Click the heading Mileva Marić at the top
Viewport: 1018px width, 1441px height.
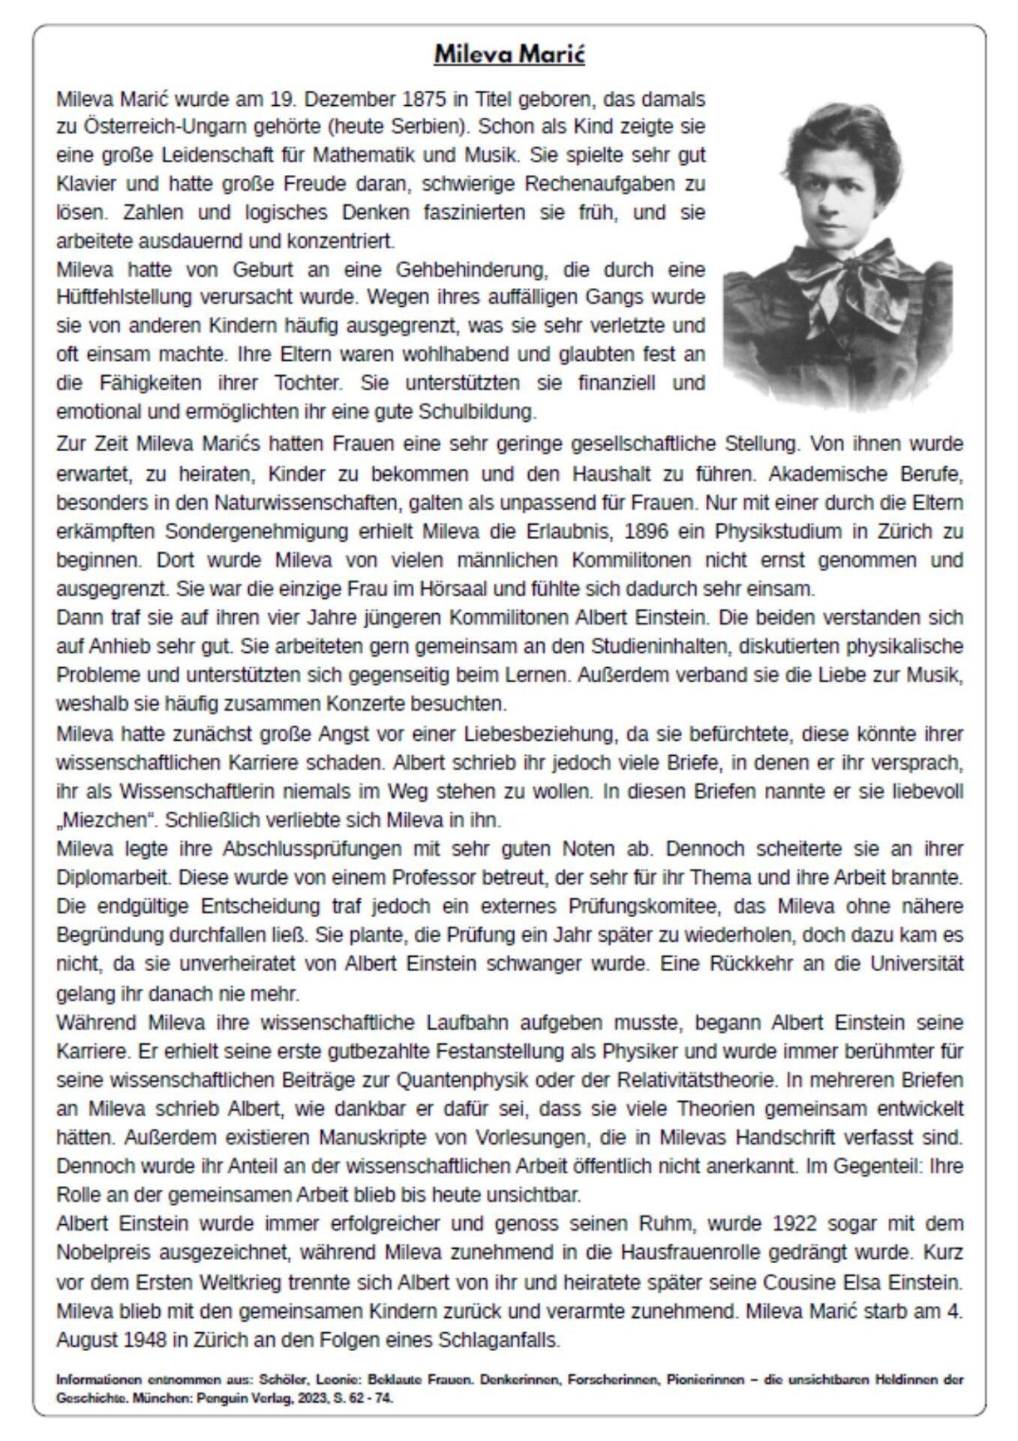509,55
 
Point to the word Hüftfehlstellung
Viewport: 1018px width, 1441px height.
124,297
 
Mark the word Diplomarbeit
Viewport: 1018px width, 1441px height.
103,877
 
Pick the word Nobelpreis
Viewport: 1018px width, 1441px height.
102,1253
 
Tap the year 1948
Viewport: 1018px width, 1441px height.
141,1340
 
